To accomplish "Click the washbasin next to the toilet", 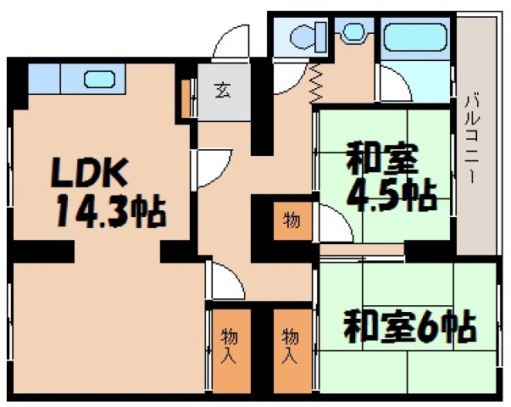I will coord(351,34).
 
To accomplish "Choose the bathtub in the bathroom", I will coord(417,38).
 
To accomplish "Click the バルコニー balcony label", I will coord(474,140).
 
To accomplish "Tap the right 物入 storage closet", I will coord(291,346).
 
